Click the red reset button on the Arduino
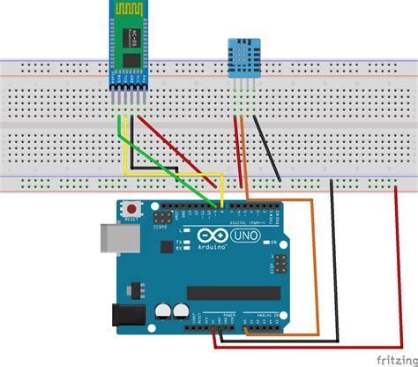(131, 209)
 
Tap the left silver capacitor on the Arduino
(164, 311)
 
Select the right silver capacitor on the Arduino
(182, 311)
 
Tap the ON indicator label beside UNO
(274, 242)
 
